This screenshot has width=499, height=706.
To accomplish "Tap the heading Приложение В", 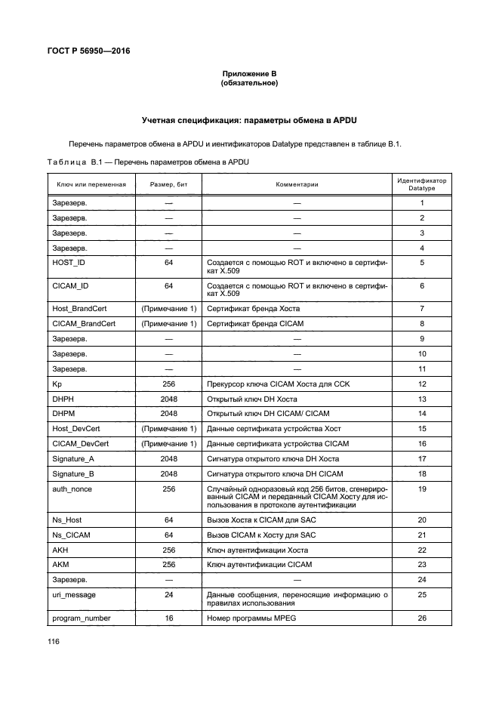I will (249, 73).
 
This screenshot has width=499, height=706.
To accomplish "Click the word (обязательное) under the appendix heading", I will (249, 83).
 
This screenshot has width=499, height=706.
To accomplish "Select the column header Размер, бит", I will (169, 184).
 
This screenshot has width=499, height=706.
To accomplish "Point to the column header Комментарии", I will (297, 184).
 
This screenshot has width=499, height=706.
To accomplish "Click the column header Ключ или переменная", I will (91, 184).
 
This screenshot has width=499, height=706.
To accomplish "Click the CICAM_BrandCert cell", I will (84, 323).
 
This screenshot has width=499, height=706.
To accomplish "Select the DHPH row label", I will (63, 399).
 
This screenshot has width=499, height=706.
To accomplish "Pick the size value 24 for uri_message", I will (169, 595).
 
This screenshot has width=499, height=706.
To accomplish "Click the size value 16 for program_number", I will (169, 618).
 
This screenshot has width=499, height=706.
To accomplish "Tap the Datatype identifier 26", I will (422, 618).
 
